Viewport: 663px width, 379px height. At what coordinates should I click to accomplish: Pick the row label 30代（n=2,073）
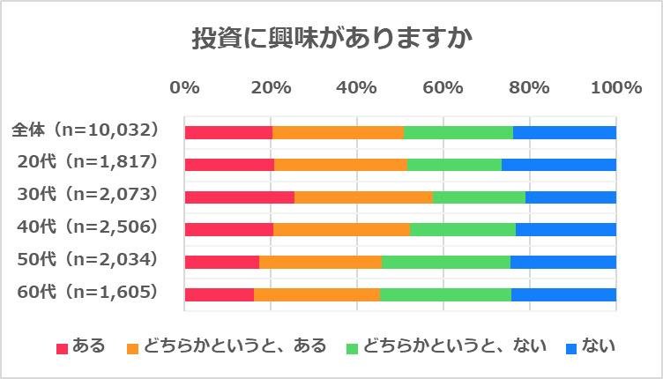87,194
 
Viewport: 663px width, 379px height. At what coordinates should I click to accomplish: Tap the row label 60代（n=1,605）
87,291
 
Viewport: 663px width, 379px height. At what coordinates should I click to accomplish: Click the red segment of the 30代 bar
239,197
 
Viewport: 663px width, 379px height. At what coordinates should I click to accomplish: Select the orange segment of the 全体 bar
338,132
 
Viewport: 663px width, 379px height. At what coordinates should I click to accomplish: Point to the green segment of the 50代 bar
445,262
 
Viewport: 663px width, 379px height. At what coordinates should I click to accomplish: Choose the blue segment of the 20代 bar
558,164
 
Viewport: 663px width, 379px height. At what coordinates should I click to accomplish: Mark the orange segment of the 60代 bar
317,294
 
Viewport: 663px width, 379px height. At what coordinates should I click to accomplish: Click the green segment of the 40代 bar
462,229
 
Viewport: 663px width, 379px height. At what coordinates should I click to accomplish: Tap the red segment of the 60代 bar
219,294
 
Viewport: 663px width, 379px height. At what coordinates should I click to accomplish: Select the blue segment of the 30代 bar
570,197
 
